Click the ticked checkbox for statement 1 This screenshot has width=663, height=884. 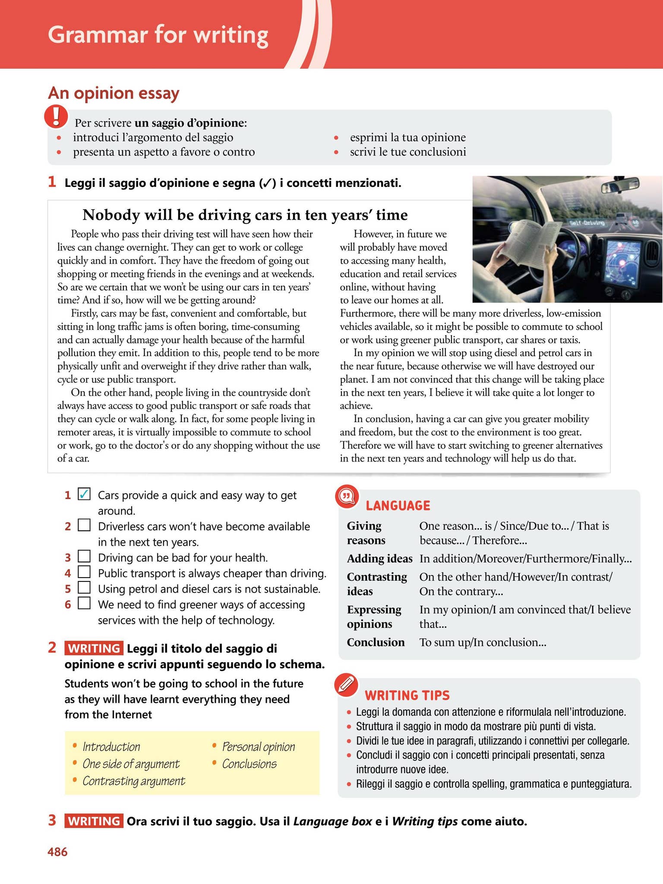click(84, 494)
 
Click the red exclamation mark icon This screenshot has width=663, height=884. click(57, 117)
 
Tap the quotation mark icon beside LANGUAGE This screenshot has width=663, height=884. click(347, 497)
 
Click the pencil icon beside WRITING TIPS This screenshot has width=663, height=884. click(347, 685)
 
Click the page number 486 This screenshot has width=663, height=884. click(57, 852)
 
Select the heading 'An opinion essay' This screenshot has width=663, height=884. click(114, 93)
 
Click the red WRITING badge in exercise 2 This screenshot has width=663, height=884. click(94, 648)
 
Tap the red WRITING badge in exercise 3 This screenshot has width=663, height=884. click(94, 821)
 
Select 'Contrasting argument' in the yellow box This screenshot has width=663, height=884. click(133, 781)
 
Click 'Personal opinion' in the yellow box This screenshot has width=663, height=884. click(258, 746)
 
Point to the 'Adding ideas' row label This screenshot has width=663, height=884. click(379, 559)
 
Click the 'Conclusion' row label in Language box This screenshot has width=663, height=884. click(376, 642)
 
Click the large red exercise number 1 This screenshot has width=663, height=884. click(52, 182)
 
